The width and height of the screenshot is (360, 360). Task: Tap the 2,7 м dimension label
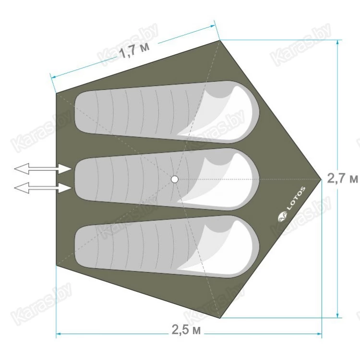pyautogui.click(x=342, y=178)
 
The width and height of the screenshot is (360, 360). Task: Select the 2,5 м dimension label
pyautogui.click(x=186, y=330)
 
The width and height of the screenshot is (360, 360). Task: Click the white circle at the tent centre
pyautogui.click(x=175, y=179)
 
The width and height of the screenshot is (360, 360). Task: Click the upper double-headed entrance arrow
pyautogui.click(x=43, y=169)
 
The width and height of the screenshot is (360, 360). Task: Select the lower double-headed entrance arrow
pyautogui.click(x=43, y=188)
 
